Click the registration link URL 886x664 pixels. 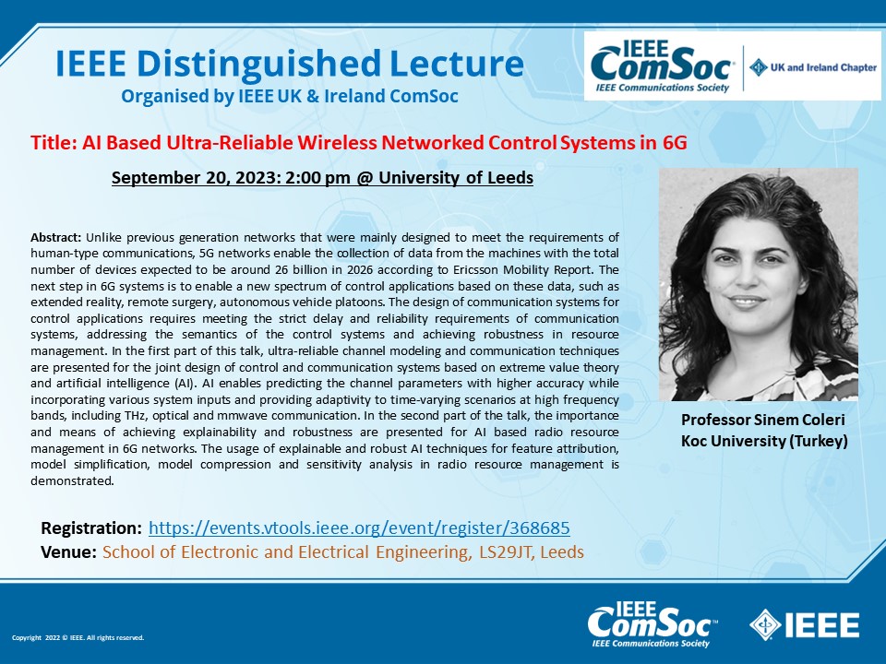[x=359, y=528]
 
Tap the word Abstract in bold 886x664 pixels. [x=56, y=237]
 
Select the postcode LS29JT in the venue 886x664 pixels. [x=506, y=551]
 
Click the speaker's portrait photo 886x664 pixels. [x=759, y=285]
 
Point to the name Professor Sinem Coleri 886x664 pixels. [x=763, y=421]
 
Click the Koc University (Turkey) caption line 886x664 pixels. [x=764, y=441]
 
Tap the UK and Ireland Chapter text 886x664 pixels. [x=823, y=67]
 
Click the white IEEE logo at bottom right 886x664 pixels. [x=804, y=625]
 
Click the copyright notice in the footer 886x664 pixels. [x=78, y=637]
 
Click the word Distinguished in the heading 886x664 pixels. [x=258, y=65]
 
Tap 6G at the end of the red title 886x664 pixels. [x=675, y=142]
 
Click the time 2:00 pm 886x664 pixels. [x=317, y=178]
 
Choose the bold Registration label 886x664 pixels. [x=91, y=528]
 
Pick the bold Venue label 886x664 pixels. [x=68, y=551]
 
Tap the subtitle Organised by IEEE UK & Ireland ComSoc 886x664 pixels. [x=289, y=97]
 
